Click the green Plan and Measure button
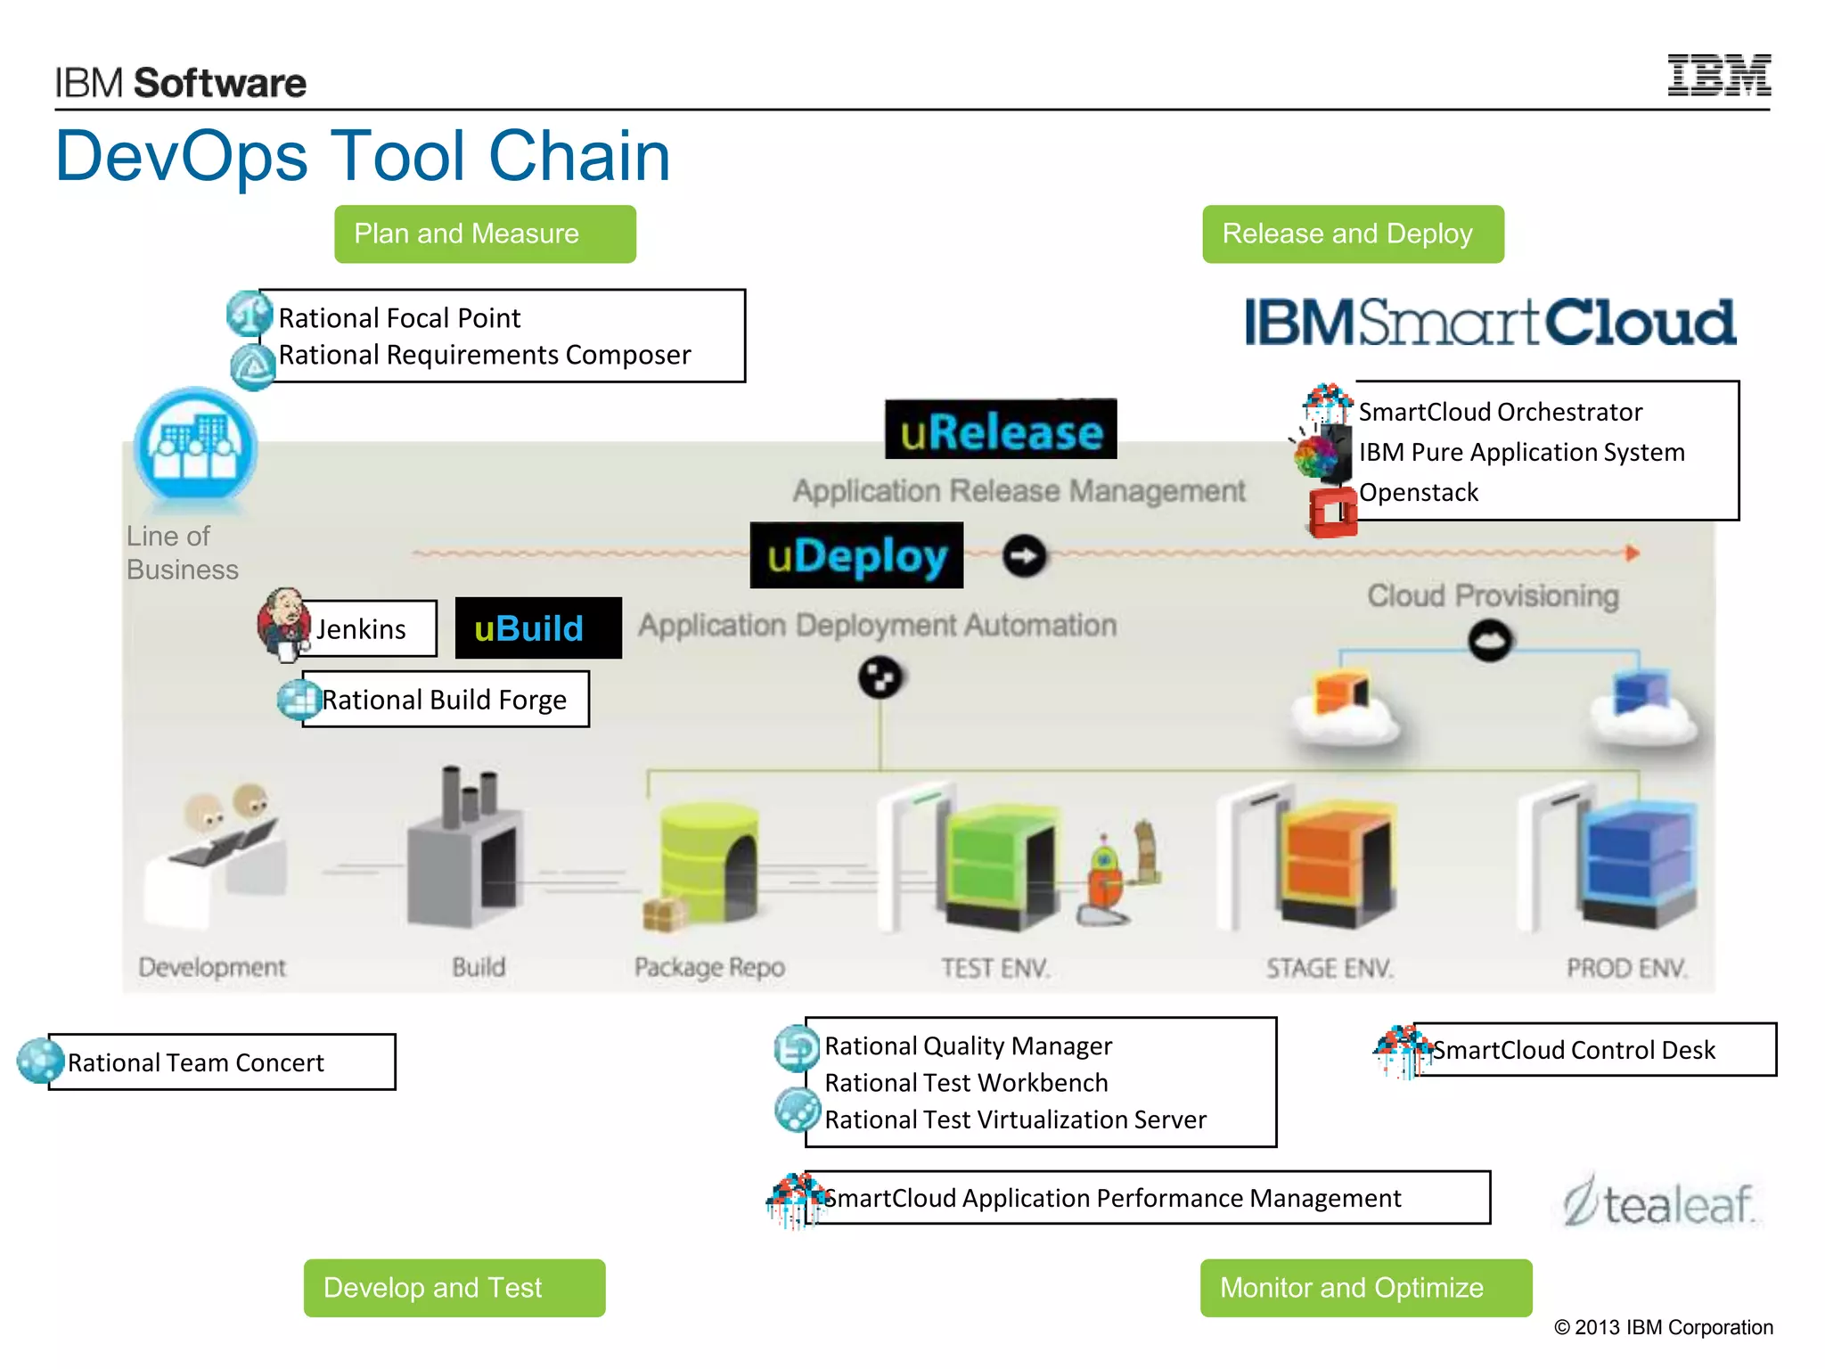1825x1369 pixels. point(485,234)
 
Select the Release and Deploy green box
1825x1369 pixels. point(1352,234)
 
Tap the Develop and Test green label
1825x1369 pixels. point(454,1288)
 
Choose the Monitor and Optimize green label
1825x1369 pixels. point(1365,1288)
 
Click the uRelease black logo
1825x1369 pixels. point(1000,430)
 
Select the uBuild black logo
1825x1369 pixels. point(538,628)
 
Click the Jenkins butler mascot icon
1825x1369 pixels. point(283,624)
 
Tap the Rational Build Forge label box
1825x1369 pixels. point(446,700)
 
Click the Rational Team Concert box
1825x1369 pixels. point(221,1062)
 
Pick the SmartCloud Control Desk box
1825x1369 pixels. point(1593,1050)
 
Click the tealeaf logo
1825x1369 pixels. point(1659,1203)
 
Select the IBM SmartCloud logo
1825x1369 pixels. point(1490,323)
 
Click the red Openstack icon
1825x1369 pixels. point(1332,512)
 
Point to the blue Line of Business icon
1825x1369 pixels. point(195,446)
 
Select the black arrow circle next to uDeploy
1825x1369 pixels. point(1024,556)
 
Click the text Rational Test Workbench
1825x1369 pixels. point(966,1083)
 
